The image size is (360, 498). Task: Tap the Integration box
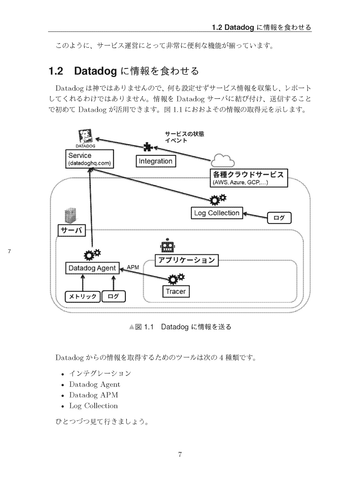tap(155, 161)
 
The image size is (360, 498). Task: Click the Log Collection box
tap(217, 213)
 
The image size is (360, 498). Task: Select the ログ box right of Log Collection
tap(279, 218)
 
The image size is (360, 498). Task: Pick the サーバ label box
tap(72, 230)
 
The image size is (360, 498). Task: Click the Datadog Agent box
tap(92, 268)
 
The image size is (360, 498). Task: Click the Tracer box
tap(176, 291)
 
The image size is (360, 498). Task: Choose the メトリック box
tap(83, 296)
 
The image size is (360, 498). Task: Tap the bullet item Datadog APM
tap(94, 395)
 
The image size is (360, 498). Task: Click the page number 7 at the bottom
tap(180, 454)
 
